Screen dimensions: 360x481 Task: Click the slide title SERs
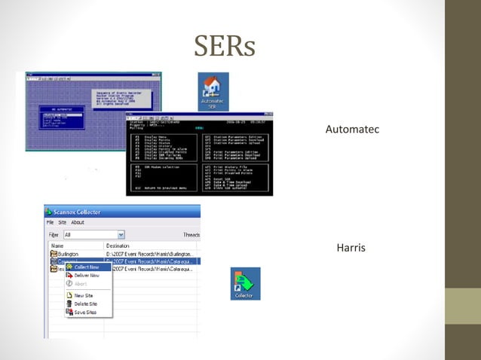click(225, 47)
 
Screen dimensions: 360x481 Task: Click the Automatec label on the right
click(351, 130)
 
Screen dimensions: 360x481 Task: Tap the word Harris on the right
click(351, 247)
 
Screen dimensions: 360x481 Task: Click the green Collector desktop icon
click(245, 283)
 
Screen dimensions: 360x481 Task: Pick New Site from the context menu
click(84, 295)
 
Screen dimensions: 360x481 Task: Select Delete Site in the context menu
click(85, 304)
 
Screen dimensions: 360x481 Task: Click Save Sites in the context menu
click(84, 312)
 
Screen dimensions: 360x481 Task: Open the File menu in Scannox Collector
click(51, 223)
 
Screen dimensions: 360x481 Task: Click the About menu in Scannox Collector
click(78, 223)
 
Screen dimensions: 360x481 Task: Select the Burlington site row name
click(69, 255)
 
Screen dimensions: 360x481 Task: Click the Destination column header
click(118, 246)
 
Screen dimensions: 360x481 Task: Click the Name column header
click(57, 246)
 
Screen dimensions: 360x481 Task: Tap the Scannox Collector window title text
click(84, 212)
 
